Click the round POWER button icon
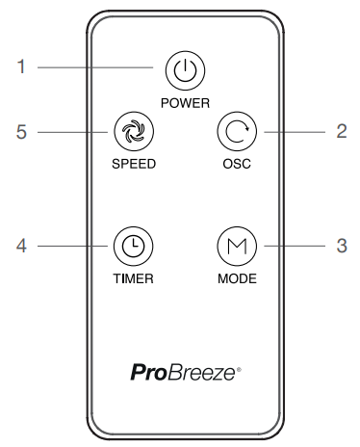pos(180,69)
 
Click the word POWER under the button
pos(180,100)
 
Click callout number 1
pos(21,69)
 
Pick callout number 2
pos(341,132)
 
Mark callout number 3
pos(341,246)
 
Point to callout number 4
pos(21,246)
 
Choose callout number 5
pos(21,132)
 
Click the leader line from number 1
pos(96,69)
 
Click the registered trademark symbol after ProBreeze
pos(228,366)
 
